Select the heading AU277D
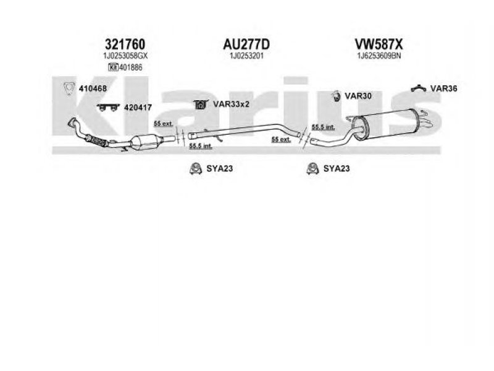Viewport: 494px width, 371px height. coord(246,44)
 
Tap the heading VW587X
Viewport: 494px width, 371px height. coord(378,44)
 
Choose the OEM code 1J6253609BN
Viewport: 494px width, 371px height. coord(378,56)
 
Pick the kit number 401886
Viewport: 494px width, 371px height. coord(130,67)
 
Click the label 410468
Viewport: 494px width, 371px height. coord(93,88)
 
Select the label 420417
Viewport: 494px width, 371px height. coord(138,107)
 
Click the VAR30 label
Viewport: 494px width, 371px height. coord(358,96)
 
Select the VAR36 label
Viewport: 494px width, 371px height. coord(444,88)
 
